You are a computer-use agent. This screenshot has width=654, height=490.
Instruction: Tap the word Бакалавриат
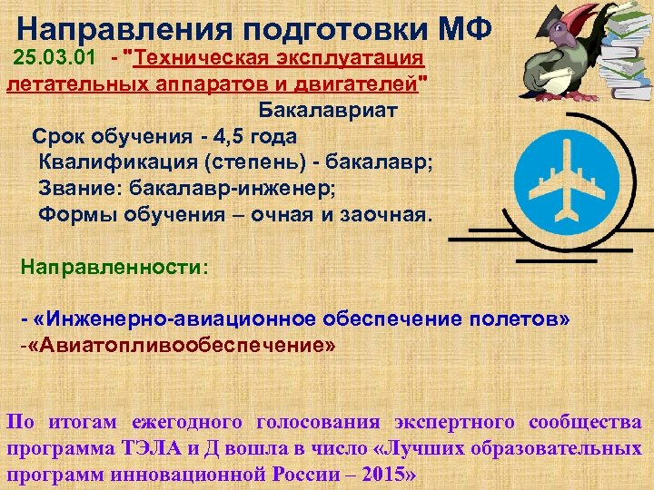click(x=328, y=112)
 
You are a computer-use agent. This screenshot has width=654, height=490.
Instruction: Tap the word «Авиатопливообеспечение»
click(x=182, y=347)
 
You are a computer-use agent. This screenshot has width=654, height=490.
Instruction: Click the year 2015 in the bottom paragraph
click(x=382, y=475)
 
